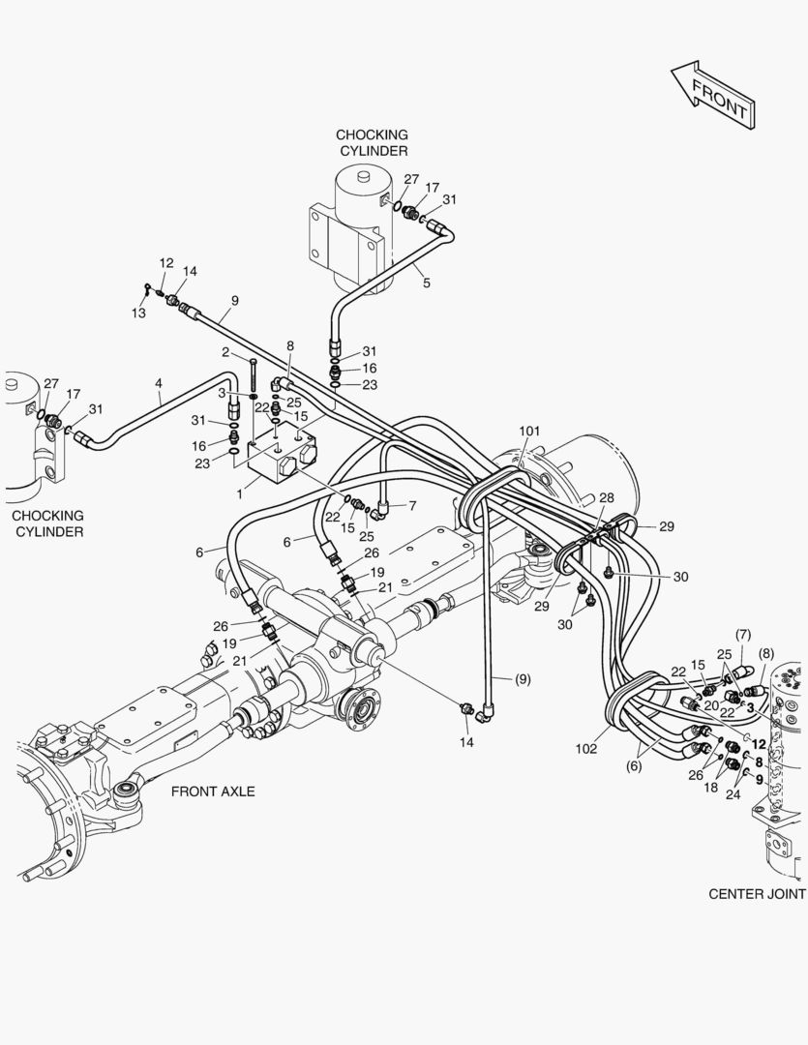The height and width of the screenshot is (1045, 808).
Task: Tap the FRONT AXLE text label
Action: [x=213, y=791]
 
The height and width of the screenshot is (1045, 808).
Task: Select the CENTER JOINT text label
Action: [x=756, y=894]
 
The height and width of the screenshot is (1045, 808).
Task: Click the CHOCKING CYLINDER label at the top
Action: [x=372, y=143]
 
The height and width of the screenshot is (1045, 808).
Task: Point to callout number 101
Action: [x=528, y=431]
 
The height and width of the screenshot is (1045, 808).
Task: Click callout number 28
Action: [x=606, y=497]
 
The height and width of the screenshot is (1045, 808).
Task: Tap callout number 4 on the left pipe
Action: [x=159, y=384]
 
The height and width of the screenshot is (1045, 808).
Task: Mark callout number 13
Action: [x=139, y=313]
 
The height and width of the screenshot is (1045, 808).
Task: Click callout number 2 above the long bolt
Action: [x=224, y=352]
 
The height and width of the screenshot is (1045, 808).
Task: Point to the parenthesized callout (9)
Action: [x=522, y=679]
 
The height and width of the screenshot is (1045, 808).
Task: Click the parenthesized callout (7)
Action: [x=743, y=635]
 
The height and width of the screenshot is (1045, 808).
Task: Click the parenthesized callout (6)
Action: [x=635, y=766]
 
